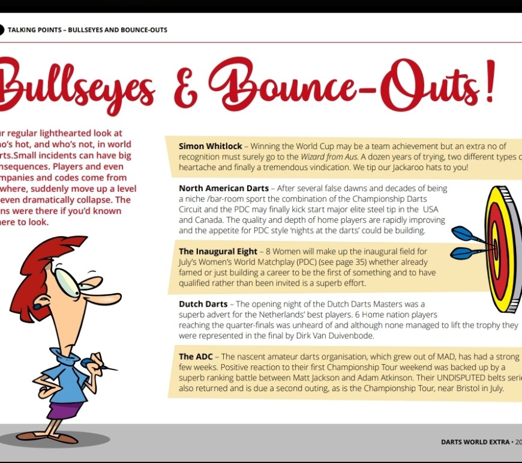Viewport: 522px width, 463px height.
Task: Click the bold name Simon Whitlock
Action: coord(210,146)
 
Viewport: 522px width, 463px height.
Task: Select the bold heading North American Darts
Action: coord(224,188)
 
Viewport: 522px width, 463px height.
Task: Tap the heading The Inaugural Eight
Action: coord(218,252)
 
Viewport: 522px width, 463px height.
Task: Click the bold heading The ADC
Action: coord(194,356)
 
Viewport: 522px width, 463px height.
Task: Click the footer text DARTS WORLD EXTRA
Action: coord(474,442)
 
